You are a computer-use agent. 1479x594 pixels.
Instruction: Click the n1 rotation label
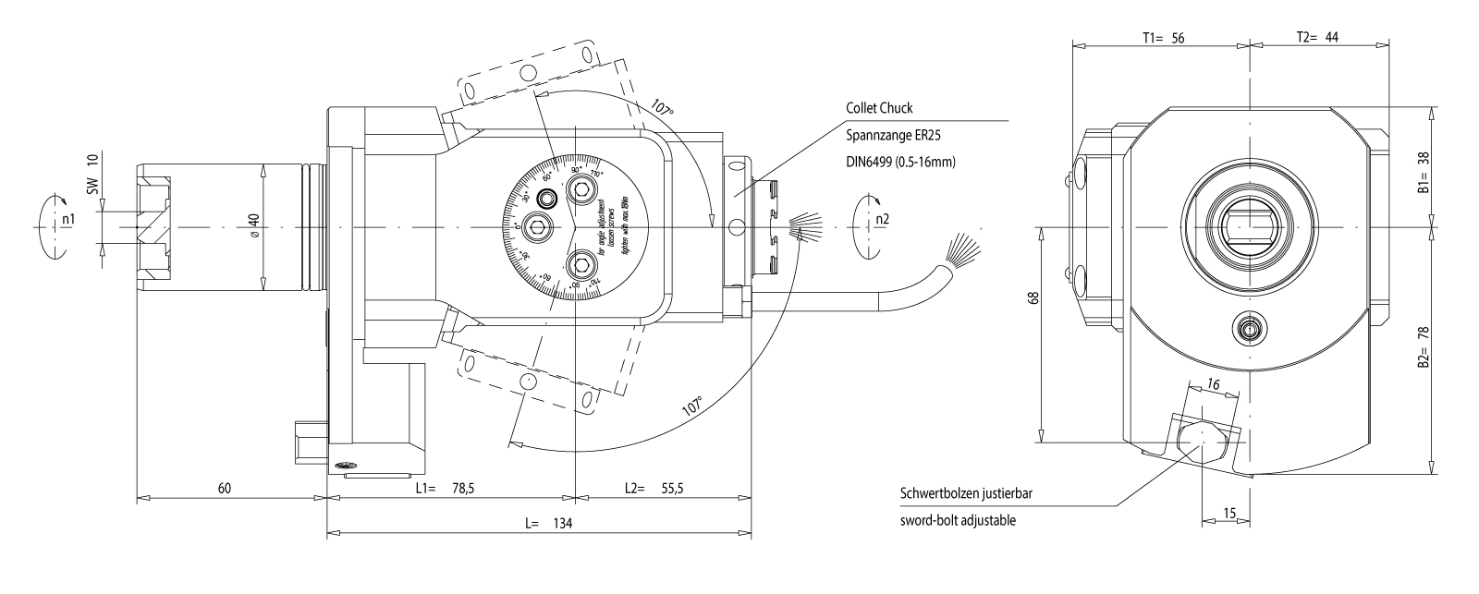(67, 220)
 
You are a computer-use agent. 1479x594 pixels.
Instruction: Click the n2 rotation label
(883, 220)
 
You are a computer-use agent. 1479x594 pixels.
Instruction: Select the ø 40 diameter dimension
(254, 226)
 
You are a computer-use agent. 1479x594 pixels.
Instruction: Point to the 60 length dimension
(225, 488)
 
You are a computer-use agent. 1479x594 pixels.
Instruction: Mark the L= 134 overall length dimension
(549, 523)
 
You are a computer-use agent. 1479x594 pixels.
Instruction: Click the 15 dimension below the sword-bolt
(1228, 511)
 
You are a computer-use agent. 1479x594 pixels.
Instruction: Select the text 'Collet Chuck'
(879, 108)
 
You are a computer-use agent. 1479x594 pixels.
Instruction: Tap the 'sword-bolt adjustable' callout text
(958, 521)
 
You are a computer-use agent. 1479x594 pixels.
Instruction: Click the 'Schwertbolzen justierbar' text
(966, 492)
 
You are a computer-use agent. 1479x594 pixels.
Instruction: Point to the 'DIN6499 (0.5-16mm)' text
(900, 162)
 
